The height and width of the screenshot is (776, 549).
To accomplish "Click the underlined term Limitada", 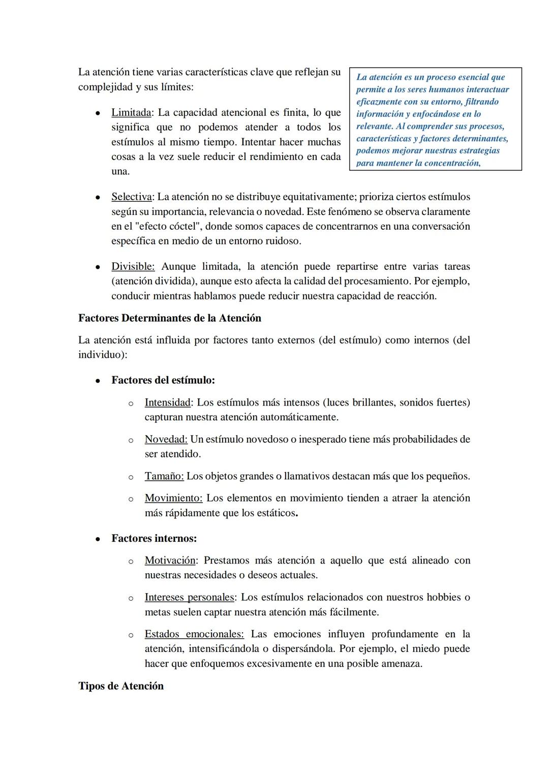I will [x=131, y=113].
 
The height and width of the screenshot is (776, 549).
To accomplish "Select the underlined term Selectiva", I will [x=131, y=197].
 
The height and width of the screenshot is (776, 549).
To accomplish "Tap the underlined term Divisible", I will [x=133, y=267].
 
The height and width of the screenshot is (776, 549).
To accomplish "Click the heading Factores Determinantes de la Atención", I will [x=169, y=319].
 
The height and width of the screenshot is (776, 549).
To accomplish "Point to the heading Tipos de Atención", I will [x=121, y=687].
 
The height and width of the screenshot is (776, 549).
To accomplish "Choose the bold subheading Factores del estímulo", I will [x=163, y=381].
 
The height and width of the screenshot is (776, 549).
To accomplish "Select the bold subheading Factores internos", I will [x=154, y=539].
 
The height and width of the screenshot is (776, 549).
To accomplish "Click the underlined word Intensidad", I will [x=168, y=403].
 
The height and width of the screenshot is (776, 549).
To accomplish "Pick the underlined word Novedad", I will [x=166, y=440].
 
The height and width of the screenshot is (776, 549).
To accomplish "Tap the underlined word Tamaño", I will [x=164, y=477].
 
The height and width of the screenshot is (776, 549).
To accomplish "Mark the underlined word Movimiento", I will [x=173, y=499].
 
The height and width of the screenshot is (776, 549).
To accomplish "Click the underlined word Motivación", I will [x=170, y=561].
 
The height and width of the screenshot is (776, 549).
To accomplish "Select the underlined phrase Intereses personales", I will [x=189, y=598].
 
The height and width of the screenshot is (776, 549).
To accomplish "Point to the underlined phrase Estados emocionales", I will [x=194, y=635].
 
